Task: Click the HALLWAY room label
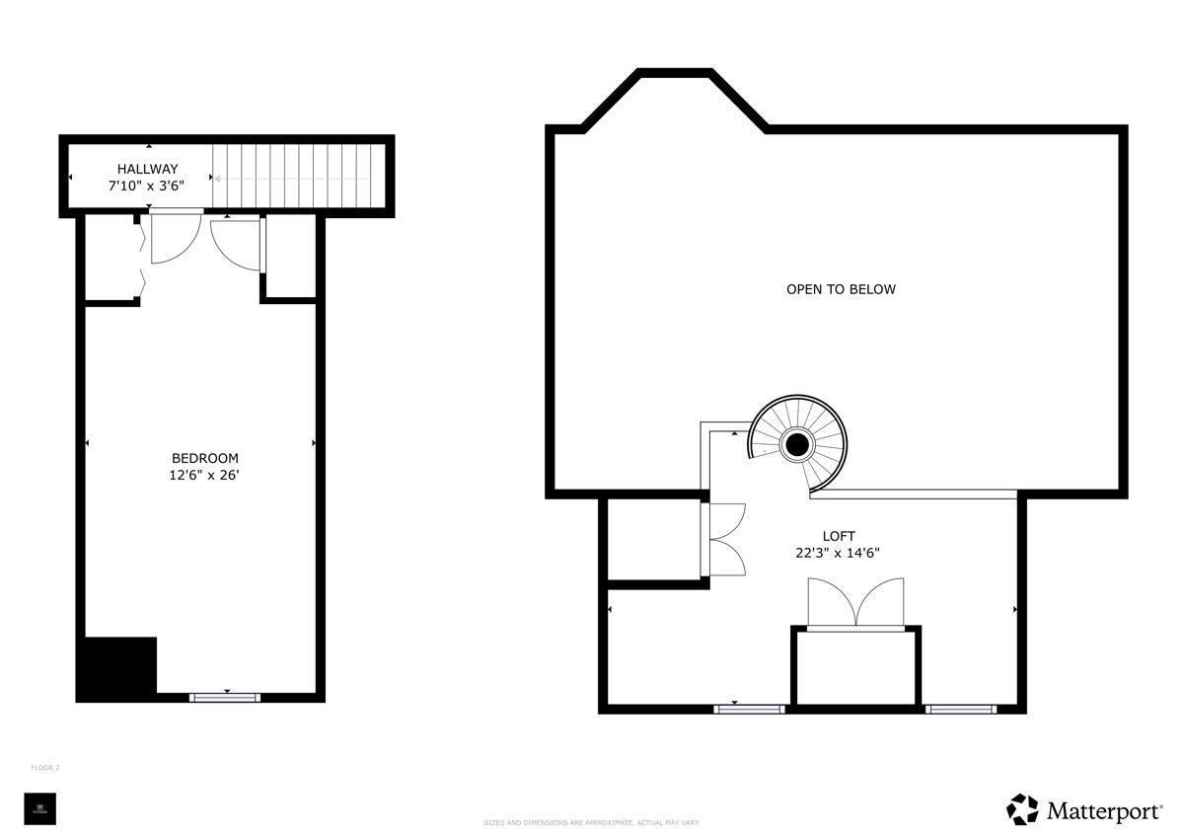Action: tap(147, 169)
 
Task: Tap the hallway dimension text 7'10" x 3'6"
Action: tap(147, 185)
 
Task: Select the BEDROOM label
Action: tap(205, 458)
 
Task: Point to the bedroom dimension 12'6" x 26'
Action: tap(205, 475)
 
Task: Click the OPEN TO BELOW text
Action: tap(841, 289)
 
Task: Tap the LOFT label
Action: tap(839, 536)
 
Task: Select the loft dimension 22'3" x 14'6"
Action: tap(838, 553)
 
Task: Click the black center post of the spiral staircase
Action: tap(797, 445)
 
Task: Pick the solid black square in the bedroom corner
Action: tap(117, 668)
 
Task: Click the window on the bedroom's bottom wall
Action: tap(225, 698)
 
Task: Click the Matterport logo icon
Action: tap(1022, 809)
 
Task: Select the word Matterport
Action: tap(1103, 811)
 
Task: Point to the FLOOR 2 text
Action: tap(45, 767)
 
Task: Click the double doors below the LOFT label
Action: tap(855, 603)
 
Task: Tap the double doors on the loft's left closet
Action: tap(725, 539)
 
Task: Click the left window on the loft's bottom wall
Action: tap(749, 709)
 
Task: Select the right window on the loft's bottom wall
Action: tap(960, 709)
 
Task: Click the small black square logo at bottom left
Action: tap(40, 808)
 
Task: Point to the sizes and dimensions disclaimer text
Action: tap(592, 822)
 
